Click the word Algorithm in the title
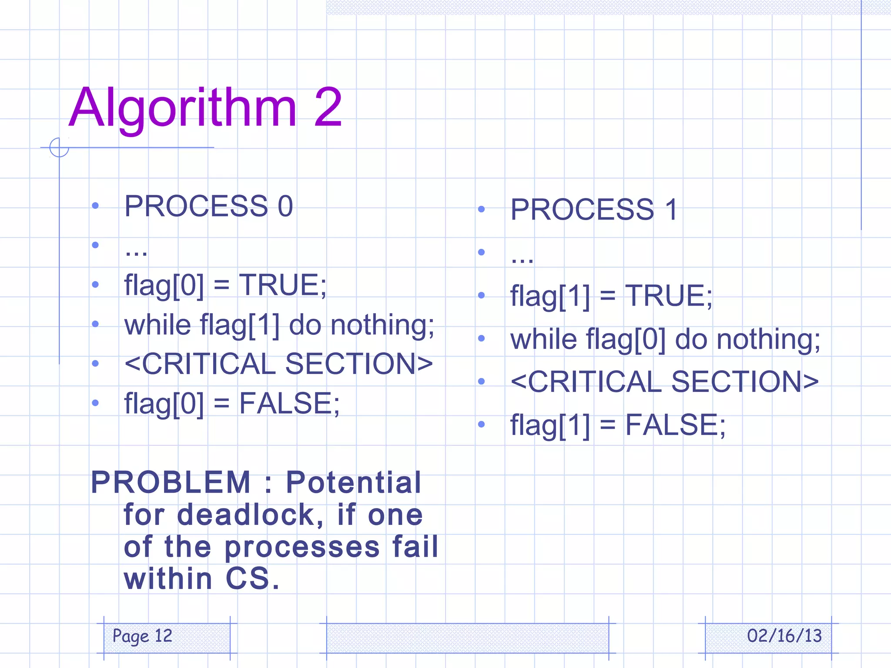(183, 108)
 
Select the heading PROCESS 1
(594, 209)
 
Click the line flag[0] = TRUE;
(225, 285)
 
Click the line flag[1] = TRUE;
(611, 296)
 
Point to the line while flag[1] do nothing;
(279, 325)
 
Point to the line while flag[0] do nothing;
(665, 339)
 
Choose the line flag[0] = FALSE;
(232, 403)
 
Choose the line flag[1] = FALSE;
(618, 425)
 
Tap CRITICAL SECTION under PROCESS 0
(278, 364)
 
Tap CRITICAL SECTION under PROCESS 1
(664, 381)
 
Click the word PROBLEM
(171, 482)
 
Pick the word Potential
(353, 482)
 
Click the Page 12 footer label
(142, 636)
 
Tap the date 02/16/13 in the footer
(784, 636)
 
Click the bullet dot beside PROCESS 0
(95, 205)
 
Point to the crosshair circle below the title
(59, 147)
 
